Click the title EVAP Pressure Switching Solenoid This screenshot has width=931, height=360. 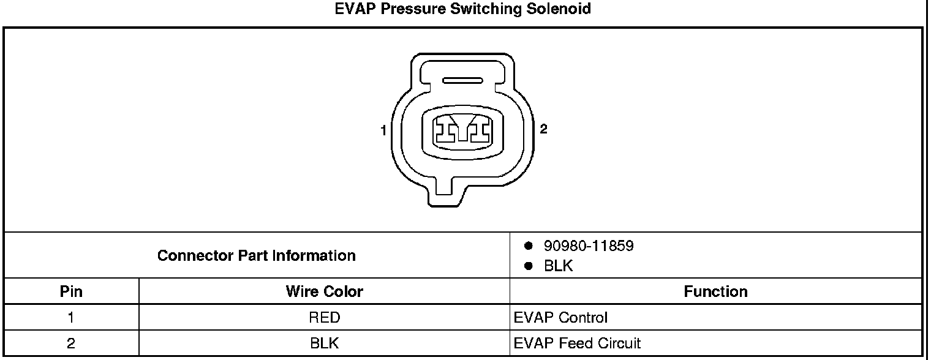point(463,10)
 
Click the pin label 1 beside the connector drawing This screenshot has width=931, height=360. point(383,130)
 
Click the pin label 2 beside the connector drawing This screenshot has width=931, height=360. point(543,129)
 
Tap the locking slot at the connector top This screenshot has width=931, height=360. point(463,80)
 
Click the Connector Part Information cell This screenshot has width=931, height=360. point(256,255)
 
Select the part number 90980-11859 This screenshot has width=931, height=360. point(588,246)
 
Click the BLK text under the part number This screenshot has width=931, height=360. point(558,266)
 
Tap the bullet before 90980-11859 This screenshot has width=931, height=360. point(527,246)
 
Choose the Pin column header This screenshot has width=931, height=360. point(71,291)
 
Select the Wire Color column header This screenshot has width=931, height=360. point(324,291)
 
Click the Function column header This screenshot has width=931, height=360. point(715,291)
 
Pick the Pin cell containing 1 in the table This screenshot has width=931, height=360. point(71,318)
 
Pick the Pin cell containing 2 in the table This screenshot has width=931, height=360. point(71,343)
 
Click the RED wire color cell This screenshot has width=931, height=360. point(325,318)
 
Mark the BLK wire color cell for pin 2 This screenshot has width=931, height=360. point(325,343)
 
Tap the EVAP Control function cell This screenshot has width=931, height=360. point(560,318)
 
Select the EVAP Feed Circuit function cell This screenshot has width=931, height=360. point(577,343)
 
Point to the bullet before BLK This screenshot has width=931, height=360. point(527,266)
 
